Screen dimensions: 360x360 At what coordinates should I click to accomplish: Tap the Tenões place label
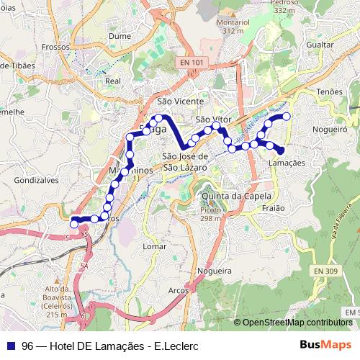tap(329, 92)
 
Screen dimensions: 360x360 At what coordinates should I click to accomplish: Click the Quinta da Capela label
tap(236, 195)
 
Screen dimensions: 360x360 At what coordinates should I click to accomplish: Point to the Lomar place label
tap(155, 246)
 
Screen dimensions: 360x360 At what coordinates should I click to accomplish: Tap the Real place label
tap(112, 81)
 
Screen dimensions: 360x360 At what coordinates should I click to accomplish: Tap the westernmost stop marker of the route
tap(73, 224)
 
